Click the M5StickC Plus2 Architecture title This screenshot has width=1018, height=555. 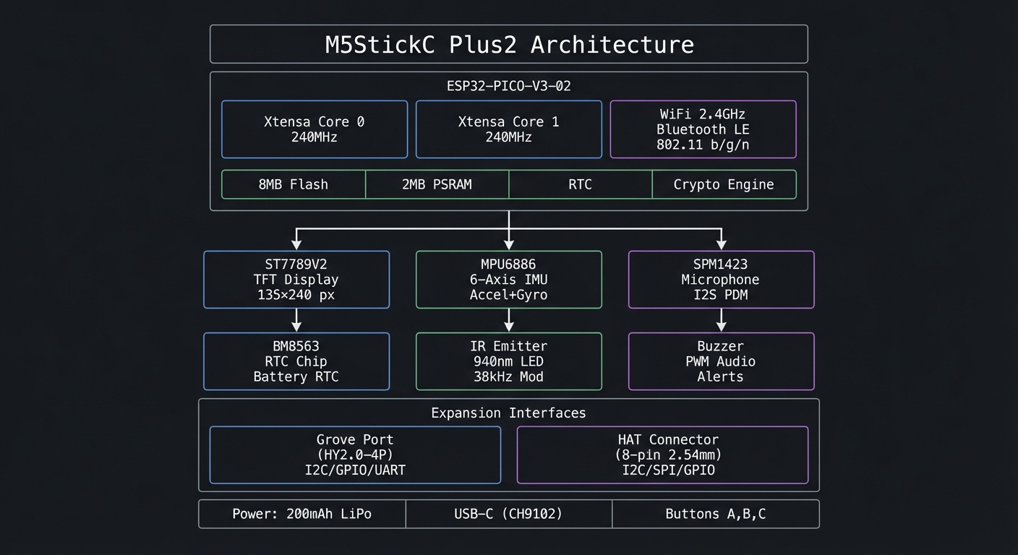click(508, 44)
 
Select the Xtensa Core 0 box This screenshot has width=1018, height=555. click(314, 129)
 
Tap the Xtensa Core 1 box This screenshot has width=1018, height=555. click(508, 129)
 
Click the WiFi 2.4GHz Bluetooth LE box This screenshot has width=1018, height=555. click(703, 129)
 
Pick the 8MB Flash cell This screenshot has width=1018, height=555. click(293, 184)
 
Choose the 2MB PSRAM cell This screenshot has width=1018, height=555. click(437, 184)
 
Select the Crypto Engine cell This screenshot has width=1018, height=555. click(724, 184)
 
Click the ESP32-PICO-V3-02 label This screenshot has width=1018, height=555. click(508, 86)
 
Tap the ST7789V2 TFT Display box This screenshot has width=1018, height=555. click(296, 280)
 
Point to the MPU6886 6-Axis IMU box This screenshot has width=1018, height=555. click(508, 280)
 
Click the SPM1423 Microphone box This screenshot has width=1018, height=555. click(721, 280)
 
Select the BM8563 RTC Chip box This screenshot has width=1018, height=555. click(296, 361)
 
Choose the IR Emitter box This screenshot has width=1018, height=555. click(508, 361)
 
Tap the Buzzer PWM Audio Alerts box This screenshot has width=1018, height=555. click(721, 361)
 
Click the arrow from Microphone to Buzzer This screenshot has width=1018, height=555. click(721, 321)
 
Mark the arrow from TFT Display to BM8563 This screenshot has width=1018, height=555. click(296, 321)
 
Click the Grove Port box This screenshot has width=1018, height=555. click(355, 455)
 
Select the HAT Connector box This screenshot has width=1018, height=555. click(662, 455)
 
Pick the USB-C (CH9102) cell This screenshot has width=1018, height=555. click(508, 514)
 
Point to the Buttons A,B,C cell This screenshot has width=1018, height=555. click(715, 514)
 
